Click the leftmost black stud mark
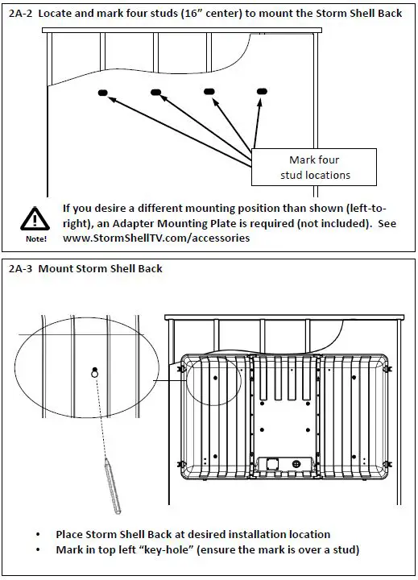pos(103,93)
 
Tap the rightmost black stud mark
pos(262,91)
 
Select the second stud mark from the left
pos(155,92)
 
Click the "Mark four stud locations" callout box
pos(314,168)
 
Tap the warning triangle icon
pos(35,219)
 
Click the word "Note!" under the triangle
pos(36,239)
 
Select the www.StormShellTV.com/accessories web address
pos(156,238)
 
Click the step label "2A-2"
pos(21,14)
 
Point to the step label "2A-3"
pos(21,268)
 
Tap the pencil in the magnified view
pos(113,486)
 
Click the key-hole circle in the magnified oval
pos(95,374)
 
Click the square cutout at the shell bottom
pos(274,463)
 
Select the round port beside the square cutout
pos(296,463)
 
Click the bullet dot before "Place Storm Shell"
pos(38,535)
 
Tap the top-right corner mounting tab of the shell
pos(387,369)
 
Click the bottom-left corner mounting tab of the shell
pos(181,464)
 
